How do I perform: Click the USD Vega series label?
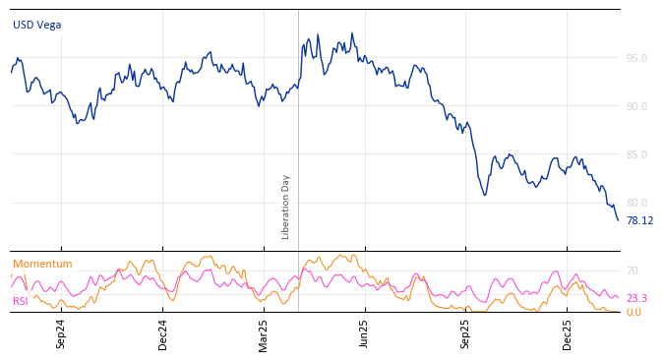[36, 25]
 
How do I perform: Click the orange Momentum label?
[42, 264]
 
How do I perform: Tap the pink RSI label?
[21, 301]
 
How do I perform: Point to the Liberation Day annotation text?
[286, 207]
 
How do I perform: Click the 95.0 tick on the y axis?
[636, 58]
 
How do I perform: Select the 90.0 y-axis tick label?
[636, 106]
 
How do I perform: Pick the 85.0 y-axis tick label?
[636, 154]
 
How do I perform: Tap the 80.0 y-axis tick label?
[636, 203]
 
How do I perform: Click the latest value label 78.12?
[639, 221]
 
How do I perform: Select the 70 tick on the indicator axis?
[633, 270]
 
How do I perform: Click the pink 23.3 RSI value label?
[636, 298]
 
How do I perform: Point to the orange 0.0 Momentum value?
[633, 312]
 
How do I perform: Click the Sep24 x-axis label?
[61, 333]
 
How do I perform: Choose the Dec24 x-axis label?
[163, 333]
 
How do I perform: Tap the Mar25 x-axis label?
[264, 333]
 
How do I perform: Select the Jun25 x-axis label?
[365, 333]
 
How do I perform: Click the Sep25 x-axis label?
[466, 333]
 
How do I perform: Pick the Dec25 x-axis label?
[568, 333]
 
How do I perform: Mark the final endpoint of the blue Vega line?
[618, 220]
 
